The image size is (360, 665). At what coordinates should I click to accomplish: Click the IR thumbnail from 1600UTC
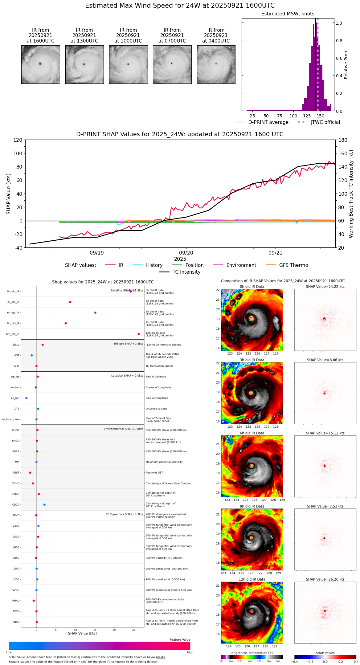(x=40, y=64)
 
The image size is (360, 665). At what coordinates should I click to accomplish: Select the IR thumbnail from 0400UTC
(x=216, y=64)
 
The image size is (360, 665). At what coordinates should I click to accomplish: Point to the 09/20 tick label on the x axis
(x=186, y=253)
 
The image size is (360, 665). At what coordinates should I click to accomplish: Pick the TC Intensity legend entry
(x=186, y=272)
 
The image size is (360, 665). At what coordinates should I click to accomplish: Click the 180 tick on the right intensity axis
(x=343, y=140)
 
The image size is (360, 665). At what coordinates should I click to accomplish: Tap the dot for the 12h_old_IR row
(x=139, y=334)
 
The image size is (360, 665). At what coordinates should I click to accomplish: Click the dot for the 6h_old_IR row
(x=95, y=313)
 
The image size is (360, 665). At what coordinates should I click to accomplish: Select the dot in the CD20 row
(x=44, y=505)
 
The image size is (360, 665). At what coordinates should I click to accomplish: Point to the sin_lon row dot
(x=27, y=398)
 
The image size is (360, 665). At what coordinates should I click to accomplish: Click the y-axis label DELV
(x=16, y=345)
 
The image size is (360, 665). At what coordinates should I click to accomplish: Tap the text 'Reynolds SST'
(x=154, y=473)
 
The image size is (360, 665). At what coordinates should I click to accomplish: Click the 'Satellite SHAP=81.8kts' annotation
(x=127, y=291)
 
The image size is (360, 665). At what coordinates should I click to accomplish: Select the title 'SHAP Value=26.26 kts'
(x=325, y=579)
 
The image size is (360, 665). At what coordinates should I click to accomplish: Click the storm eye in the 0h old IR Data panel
(x=252, y=319)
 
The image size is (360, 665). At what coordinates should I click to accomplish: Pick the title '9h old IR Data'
(x=252, y=506)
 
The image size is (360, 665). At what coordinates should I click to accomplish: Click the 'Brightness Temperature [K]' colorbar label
(x=252, y=653)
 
